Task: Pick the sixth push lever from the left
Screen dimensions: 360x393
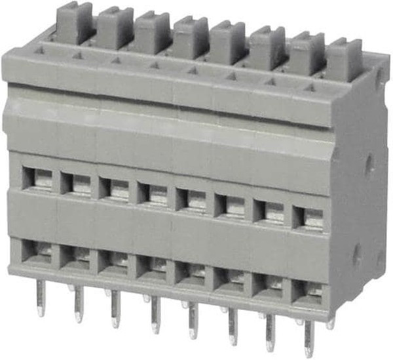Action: pyautogui.click(x=267, y=48)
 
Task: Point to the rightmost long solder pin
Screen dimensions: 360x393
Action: pyautogui.click(x=309, y=338)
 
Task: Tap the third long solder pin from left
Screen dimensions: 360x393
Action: pyautogui.click(x=116, y=308)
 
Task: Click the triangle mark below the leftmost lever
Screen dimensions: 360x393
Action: pyautogui.click(x=40, y=49)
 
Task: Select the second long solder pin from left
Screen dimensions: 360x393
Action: pyautogui.click(x=79, y=303)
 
